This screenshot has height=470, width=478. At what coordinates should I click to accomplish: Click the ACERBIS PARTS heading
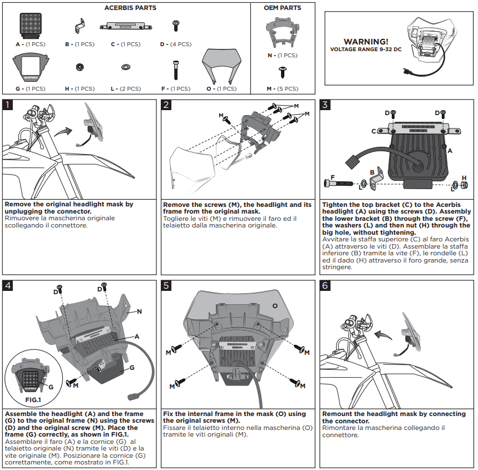tap(130, 8)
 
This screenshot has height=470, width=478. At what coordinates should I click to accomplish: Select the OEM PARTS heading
tap(283, 8)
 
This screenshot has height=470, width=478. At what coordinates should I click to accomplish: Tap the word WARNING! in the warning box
tap(366, 42)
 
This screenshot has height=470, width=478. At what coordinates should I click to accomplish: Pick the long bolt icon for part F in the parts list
tap(176, 71)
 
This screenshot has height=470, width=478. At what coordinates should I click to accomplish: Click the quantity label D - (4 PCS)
tap(175, 44)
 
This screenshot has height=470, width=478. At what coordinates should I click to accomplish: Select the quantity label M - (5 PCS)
tap(283, 89)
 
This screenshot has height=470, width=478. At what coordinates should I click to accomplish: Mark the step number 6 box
tap(326, 286)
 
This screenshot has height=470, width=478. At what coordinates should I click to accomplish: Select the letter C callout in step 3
tap(374, 131)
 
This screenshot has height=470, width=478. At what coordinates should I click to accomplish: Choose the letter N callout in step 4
tap(139, 311)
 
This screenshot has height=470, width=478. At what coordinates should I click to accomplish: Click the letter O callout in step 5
tap(274, 306)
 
